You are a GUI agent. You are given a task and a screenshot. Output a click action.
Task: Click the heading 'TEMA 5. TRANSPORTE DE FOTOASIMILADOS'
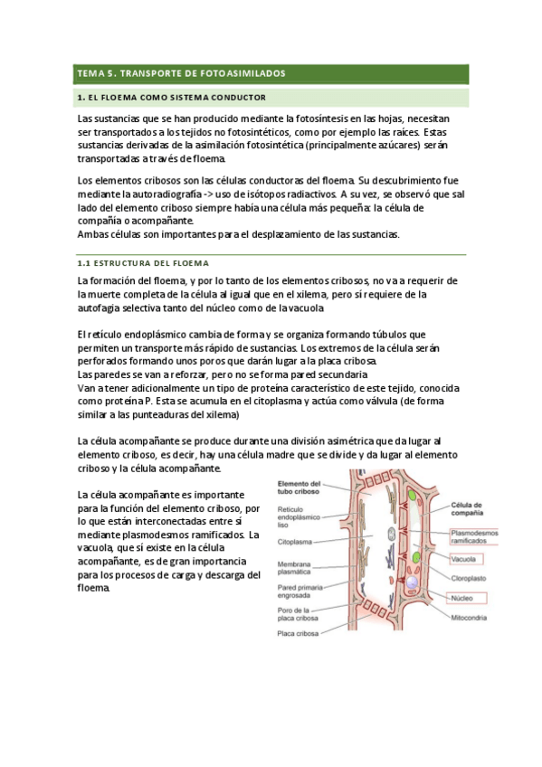pyautogui.click(x=181, y=72)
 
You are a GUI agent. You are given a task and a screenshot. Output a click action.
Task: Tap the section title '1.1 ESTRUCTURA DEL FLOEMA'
pyautogui.click(x=144, y=263)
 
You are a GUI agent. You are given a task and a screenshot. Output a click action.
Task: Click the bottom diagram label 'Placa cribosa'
pyautogui.click(x=300, y=634)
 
